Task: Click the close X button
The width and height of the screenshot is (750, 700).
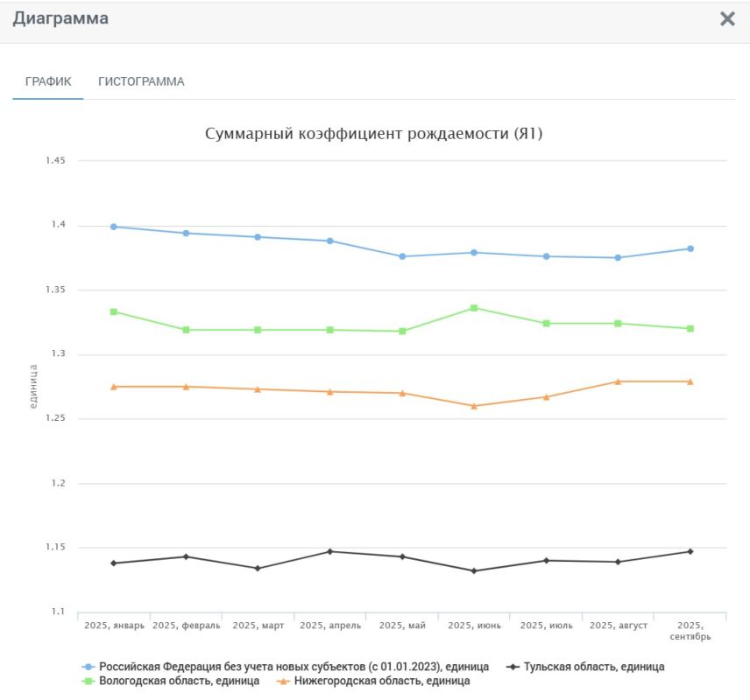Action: pyautogui.click(x=727, y=19)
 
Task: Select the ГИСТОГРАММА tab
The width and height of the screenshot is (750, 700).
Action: pyautogui.click(x=141, y=81)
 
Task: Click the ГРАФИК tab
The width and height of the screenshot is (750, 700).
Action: pyautogui.click(x=48, y=81)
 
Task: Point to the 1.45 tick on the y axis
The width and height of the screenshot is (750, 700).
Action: pyautogui.click(x=56, y=161)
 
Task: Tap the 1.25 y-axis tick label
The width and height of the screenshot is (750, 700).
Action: pyautogui.click(x=56, y=419)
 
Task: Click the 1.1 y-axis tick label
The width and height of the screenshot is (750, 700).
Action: pyautogui.click(x=60, y=612)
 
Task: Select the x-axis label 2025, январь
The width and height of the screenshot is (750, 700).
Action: pyautogui.click(x=114, y=626)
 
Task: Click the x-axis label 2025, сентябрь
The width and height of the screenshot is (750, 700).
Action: pyautogui.click(x=690, y=631)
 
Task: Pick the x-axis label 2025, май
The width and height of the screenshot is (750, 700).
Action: pyautogui.click(x=402, y=626)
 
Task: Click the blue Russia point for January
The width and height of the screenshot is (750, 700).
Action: pyautogui.click(x=114, y=227)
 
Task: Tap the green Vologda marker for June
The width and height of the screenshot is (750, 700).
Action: pyautogui.click(x=474, y=308)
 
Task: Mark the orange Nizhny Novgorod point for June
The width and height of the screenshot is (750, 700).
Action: pyautogui.click(x=474, y=406)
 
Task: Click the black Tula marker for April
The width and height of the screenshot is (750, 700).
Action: pyautogui.click(x=330, y=551)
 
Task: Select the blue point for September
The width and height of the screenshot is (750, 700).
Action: pyautogui.click(x=690, y=248)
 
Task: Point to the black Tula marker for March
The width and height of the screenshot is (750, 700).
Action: pyautogui.click(x=258, y=568)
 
